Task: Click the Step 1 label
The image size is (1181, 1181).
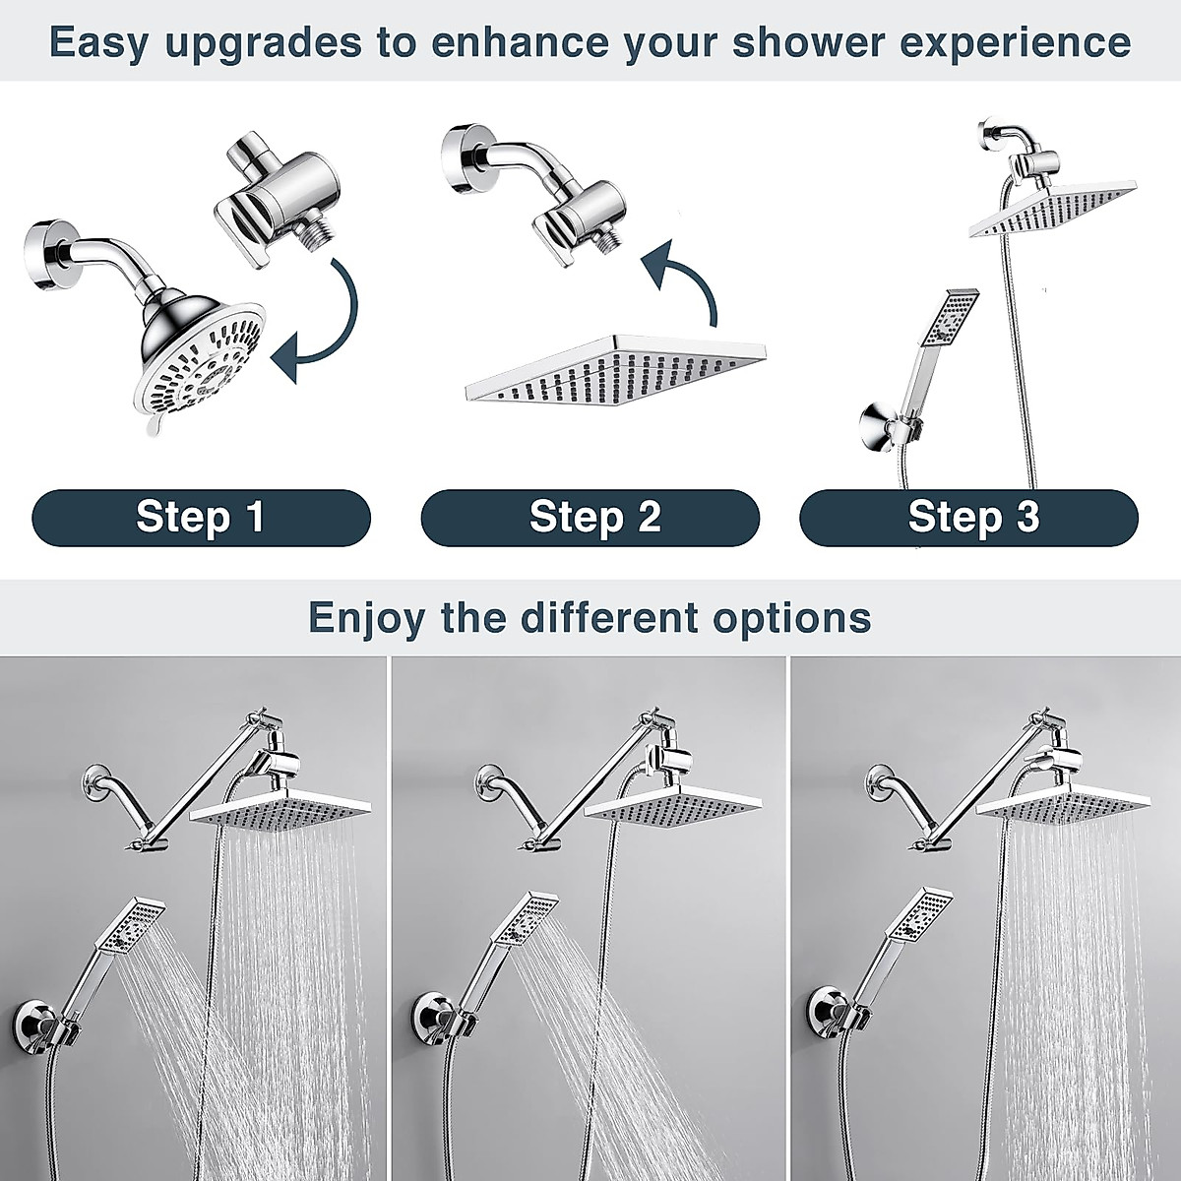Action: pos(201,517)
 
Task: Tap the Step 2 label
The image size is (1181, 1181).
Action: pos(590,517)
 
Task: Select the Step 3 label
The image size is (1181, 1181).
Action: pos(969,517)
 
